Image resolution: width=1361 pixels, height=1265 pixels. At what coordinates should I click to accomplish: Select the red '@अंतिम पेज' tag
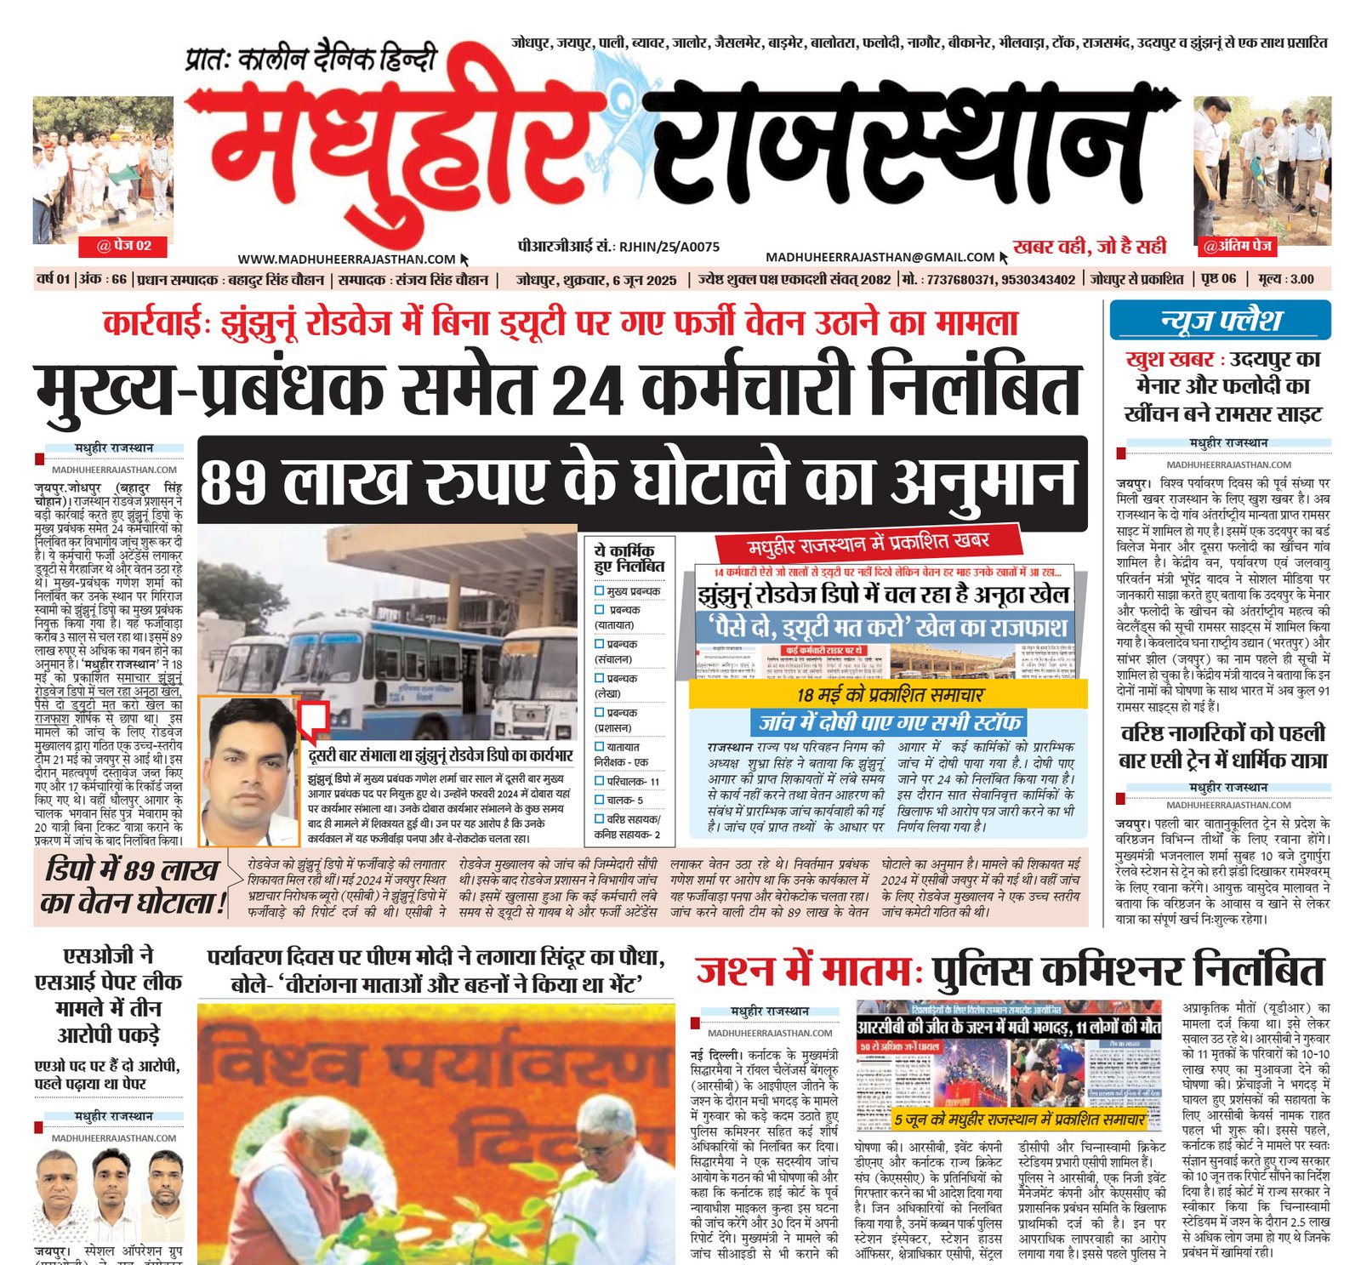tap(1237, 247)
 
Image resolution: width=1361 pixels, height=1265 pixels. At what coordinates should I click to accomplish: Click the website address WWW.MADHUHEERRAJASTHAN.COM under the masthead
tap(346, 259)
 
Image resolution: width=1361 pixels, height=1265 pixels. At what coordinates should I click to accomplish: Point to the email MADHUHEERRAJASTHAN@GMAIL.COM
tap(880, 257)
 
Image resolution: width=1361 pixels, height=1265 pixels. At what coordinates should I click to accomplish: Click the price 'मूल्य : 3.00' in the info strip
tap(1285, 279)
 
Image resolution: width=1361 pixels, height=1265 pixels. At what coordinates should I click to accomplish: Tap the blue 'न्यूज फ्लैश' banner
tap(1220, 321)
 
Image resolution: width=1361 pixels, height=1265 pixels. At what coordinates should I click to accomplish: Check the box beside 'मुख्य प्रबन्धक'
tap(599, 591)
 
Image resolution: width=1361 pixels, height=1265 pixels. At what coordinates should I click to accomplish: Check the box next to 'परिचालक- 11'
tap(599, 781)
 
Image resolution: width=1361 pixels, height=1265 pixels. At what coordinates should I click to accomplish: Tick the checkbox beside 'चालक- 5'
tap(599, 800)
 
